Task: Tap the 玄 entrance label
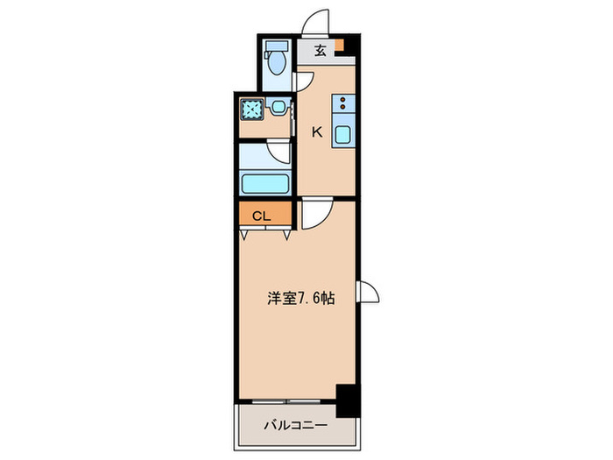pos(321,50)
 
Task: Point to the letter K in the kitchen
pos(317,133)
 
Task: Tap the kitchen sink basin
pos(343,138)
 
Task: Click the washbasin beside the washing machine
pos(278,108)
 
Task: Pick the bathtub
pos(264,183)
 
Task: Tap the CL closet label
pos(261,216)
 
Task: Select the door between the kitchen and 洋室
pos(314,215)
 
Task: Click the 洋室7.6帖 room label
pos(299,298)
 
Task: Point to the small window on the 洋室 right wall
pos(369,294)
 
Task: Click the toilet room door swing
pos(304,81)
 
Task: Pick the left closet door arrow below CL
pos(246,235)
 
